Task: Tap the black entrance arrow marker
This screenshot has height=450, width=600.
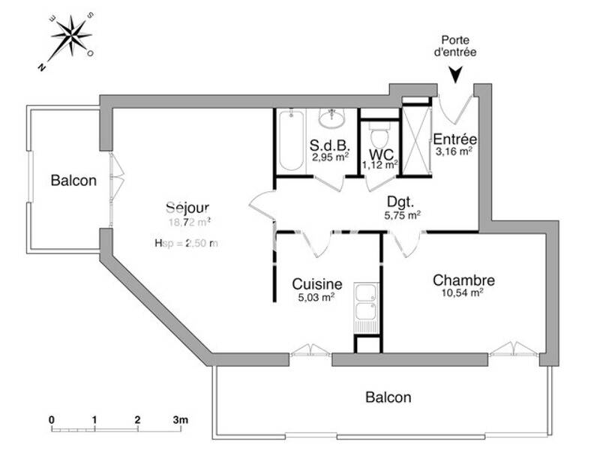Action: pyautogui.click(x=456, y=74)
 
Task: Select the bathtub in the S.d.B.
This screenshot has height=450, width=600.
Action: pyautogui.click(x=290, y=140)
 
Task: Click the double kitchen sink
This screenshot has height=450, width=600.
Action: pyautogui.click(x=365, y=307)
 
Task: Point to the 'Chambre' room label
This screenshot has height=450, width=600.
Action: pyautogui.click(x=463, y=280)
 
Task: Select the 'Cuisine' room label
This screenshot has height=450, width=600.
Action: pyautogui.click(x=317, y=284)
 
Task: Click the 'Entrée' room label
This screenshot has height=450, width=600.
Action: pyautogui.click(x=455, y=139)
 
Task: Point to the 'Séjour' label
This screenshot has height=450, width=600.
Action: pyautogui.click(x=187, y=208)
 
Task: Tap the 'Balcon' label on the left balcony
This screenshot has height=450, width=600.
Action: pyautogui.click(x=73, y=181)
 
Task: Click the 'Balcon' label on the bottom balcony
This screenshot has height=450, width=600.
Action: pyautogui.click(x=388, y=397)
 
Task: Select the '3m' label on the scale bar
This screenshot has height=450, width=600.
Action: pyautogui.click(x=181, y=420)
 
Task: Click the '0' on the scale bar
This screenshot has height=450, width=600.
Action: pyautogui.click(x=52, y=420)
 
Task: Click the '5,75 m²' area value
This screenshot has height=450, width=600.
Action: pyautogui.click(x=402, y=214)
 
